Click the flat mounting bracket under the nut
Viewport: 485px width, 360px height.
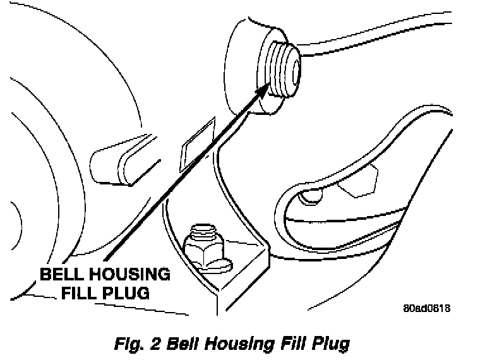pyautogui.click(x=240, y=272)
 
